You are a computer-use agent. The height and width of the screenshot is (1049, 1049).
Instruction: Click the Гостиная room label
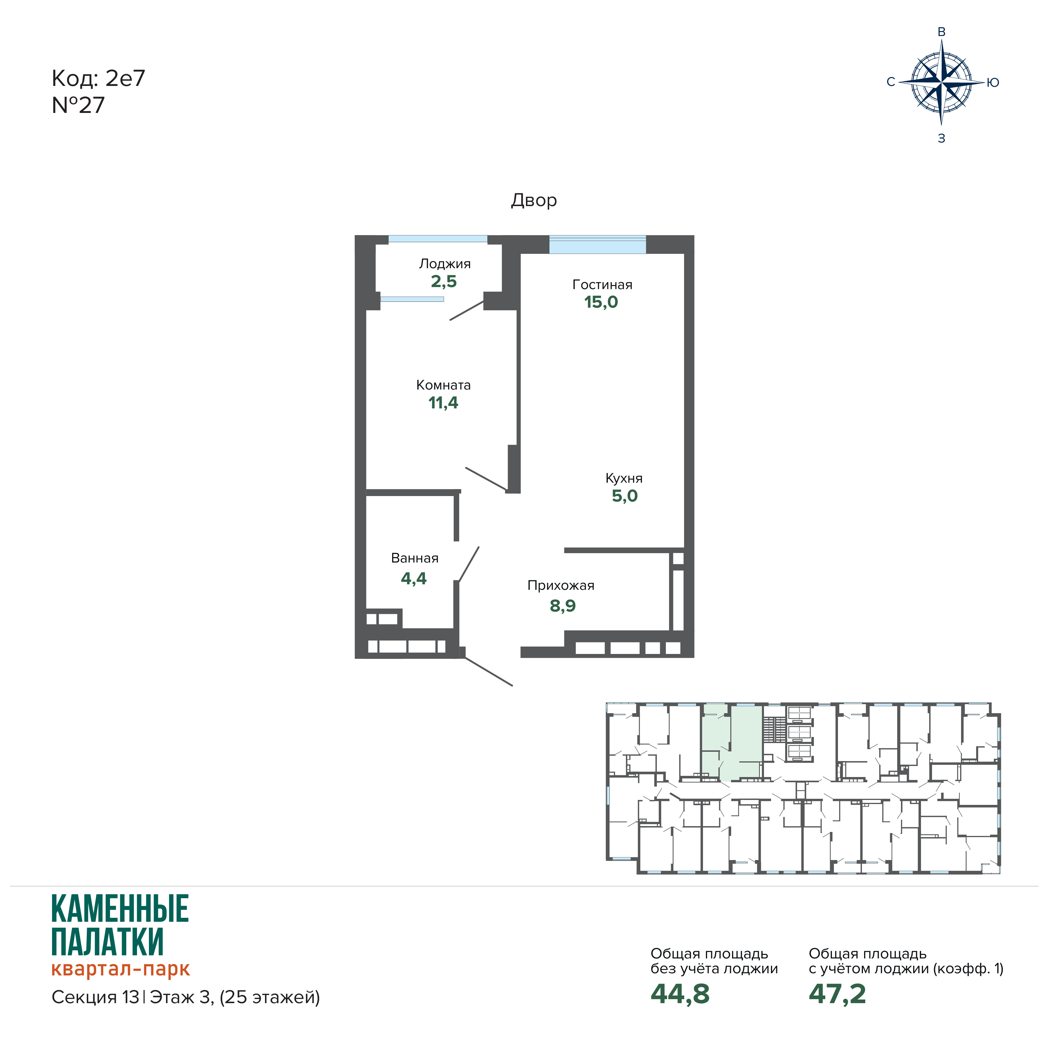[602, 284]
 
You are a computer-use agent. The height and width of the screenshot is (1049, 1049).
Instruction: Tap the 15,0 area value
[601, 302]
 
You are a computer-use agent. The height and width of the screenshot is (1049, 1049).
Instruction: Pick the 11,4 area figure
[443, 403]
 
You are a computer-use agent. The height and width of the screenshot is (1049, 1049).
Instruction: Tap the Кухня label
[624, 478]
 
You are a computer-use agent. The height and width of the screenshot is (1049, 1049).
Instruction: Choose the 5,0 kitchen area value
[624, 496]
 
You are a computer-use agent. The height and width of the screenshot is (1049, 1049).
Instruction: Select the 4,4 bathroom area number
[414, 579]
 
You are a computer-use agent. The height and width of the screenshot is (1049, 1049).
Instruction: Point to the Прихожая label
[561, 585]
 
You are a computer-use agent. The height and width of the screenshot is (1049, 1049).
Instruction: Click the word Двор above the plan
[534, 200]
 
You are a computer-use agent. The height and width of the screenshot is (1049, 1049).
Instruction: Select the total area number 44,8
[680, 994]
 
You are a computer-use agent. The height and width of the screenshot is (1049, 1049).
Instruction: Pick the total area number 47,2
[837, 994]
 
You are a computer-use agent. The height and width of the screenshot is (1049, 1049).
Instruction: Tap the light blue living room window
[597, 244]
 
